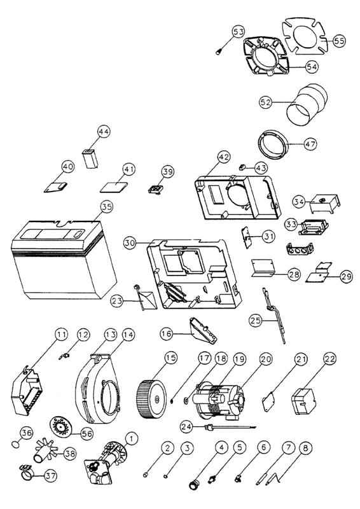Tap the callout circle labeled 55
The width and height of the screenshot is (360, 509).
[339, 40]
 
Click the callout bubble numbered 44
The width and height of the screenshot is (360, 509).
[104, 132]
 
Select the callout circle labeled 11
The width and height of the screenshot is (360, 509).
[60, 335]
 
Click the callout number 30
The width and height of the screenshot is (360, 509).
[130, 243]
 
